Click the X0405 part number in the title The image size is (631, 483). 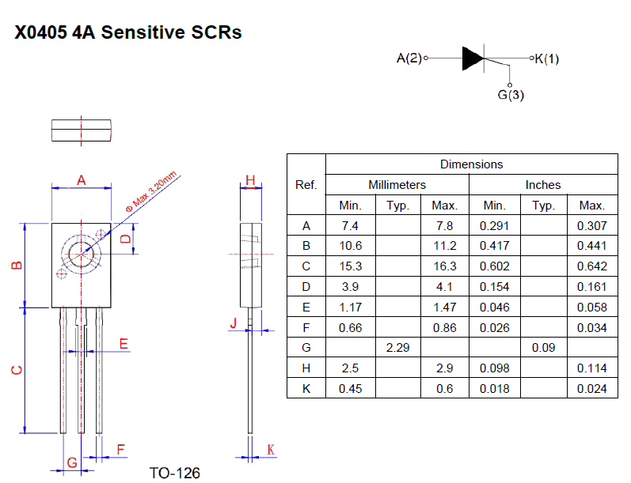click(x=40, y=32)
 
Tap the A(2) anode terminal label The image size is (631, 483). click(x=409, y=58)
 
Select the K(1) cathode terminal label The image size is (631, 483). click(x=547, y=58)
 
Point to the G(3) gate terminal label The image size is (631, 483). click(x=511, y=95)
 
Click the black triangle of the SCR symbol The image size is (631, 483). click(x=472, y=58)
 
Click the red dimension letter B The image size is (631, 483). click(x=17, y=265)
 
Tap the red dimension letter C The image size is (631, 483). click(x=17, y=370)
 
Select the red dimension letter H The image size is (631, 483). click(x=250, y=180)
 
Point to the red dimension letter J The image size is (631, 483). click(x=234, y=323)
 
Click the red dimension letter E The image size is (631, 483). click(x=124, y=344)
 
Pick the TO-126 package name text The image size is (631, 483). click(x=175, y=473)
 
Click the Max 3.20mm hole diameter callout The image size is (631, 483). click(x=151, y=191)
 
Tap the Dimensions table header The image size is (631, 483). click(x=471, y=164)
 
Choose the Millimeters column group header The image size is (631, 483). click(x=397, y=184)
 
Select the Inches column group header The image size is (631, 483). click(x=543, y=184)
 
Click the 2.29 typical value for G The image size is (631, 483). click(x=397, y=348)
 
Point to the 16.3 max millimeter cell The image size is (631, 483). click(x=445, y=266)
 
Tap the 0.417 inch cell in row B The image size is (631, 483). click(x=495, y=246)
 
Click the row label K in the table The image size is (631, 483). click(x=306, y=389)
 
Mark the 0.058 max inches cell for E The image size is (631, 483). click(x=592, y=308)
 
